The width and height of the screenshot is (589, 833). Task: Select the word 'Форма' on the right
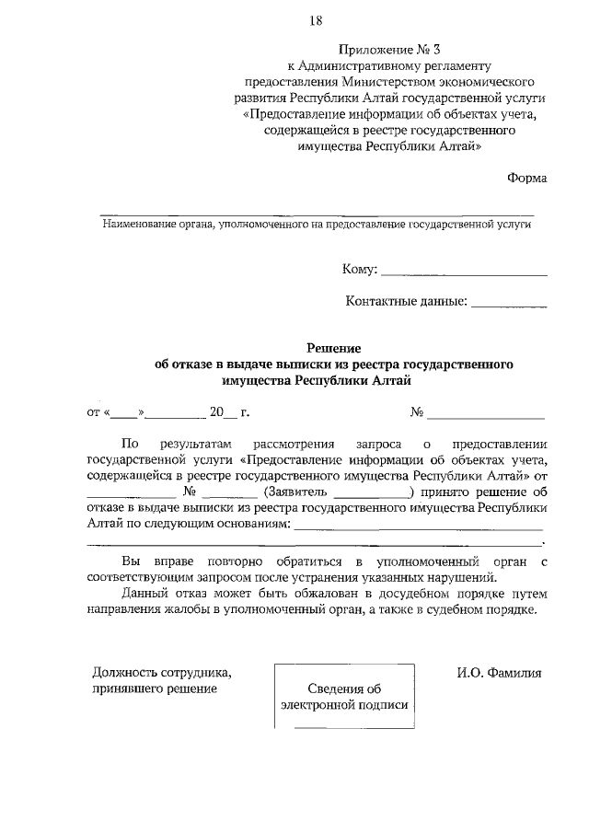526,178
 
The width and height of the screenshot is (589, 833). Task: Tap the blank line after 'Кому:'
464,271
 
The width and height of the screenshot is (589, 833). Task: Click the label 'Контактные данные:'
406,301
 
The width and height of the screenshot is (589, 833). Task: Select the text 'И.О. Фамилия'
499,673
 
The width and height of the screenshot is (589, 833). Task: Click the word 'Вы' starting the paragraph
132,561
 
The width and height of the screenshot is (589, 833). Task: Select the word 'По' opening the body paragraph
131,443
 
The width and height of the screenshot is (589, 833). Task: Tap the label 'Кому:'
359,270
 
